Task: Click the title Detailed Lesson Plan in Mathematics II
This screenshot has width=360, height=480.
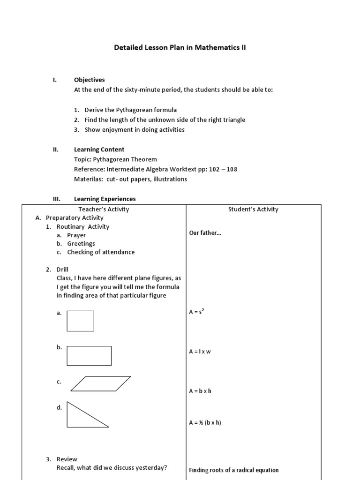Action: tap(180, 48)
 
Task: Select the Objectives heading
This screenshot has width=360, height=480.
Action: tap(89, 80)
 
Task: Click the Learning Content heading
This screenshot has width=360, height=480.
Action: tap(99, 150)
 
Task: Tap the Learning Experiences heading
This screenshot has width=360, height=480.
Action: tap(105, 199)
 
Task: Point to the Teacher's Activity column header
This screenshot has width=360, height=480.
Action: tap(104, 209)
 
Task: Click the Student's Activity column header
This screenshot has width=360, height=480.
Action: tap(253, 209)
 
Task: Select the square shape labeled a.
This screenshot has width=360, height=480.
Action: tap(80, 321)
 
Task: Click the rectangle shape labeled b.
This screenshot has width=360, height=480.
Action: tap(89, 356)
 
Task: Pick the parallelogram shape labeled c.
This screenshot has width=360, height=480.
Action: tap(100, 383)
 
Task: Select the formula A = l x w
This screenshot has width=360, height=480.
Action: tap(200, 351)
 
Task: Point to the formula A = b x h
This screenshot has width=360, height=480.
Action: tap(200, 390)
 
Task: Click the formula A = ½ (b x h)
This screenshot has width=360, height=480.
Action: tap(205, 422)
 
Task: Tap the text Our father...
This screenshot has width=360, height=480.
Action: tap(205, 232)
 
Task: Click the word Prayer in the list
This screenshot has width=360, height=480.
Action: tap(76, 235)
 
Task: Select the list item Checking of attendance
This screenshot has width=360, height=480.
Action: tap(101, 252)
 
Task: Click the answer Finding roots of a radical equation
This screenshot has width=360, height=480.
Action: tap(233, 470)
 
